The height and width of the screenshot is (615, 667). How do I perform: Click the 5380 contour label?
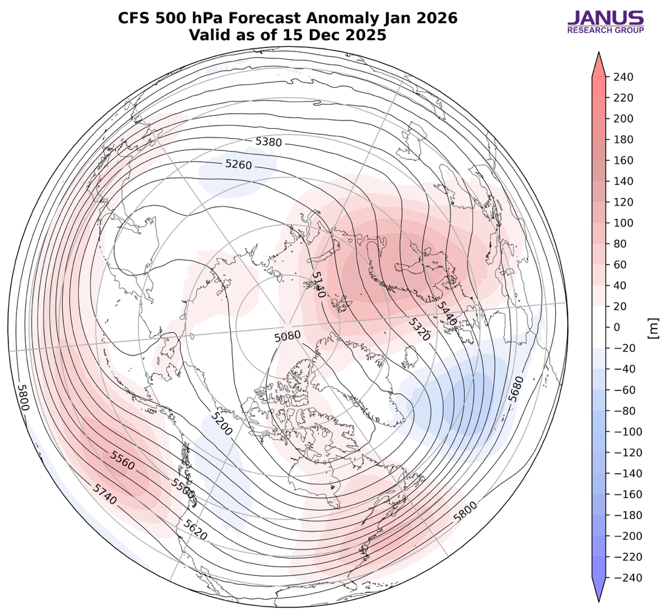tap(268, 142)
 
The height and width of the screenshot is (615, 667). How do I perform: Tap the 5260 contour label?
tap(238, 164)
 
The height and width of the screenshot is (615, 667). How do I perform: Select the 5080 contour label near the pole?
tap(287, 336)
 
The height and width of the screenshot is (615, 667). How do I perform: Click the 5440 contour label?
tap(446, 312)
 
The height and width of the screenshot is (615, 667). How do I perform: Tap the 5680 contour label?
tap(515, 388)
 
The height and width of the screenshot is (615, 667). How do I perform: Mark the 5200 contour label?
tap(220, 423)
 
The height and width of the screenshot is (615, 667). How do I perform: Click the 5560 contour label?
tap(123, 460)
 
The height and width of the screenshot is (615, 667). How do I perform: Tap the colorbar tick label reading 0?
tap(616, 327)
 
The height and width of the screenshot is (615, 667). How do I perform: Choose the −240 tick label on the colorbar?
tap(622, 578)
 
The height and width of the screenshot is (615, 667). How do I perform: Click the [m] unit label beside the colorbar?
tap(654, 328)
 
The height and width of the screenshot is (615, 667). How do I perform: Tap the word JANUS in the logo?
tap(605, 18)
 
